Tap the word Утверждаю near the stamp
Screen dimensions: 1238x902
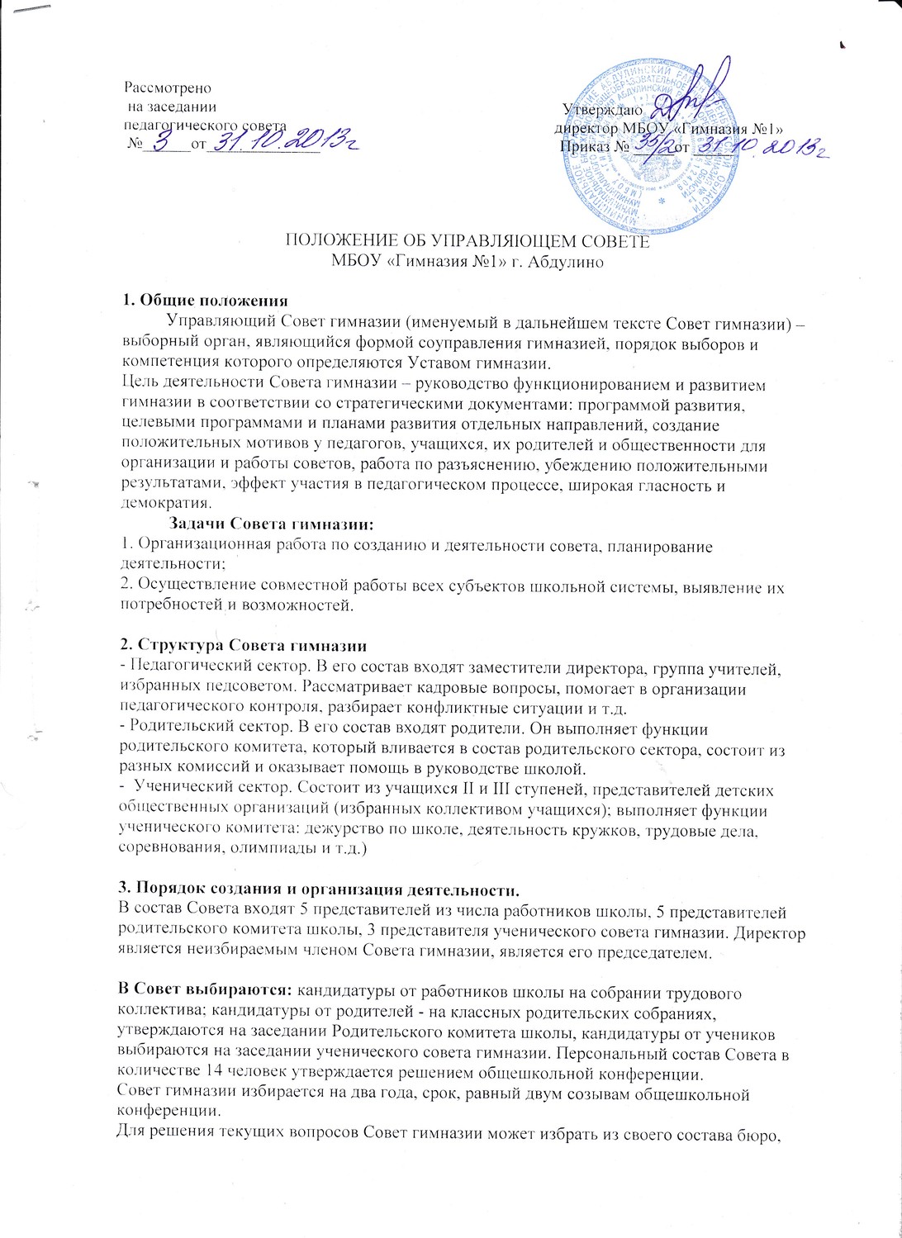click(x=598, y=108)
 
